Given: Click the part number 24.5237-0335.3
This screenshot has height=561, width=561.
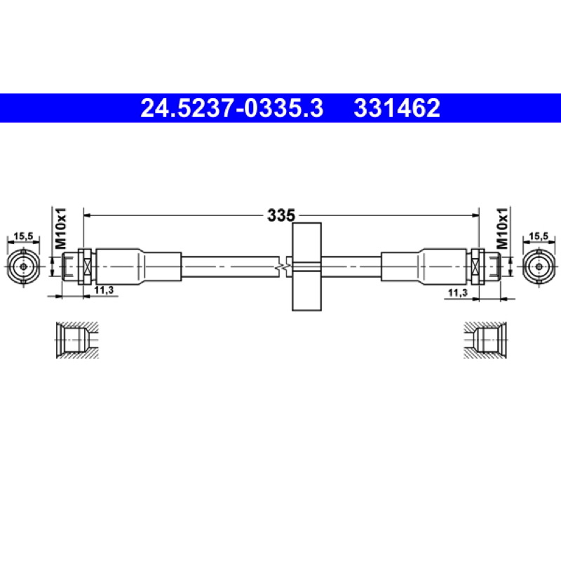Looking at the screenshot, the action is coord(232,108).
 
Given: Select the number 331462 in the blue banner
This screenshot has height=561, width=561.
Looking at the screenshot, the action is coord(397,108).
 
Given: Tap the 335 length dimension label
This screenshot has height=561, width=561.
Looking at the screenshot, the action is coord(281,215).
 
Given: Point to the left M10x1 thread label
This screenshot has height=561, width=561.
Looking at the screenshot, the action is coord(61,229).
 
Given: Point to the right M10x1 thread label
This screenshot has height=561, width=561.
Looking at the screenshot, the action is coord(502,229).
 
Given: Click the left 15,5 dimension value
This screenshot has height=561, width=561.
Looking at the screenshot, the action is coord(23,236).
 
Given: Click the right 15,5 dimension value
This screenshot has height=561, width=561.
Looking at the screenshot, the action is coord(539,236).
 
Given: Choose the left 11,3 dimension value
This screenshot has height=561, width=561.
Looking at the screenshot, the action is coord(104,290).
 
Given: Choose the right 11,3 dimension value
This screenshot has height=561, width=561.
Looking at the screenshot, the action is coord(458,292).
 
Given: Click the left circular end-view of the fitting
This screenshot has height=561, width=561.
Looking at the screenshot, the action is coord(23,267).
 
